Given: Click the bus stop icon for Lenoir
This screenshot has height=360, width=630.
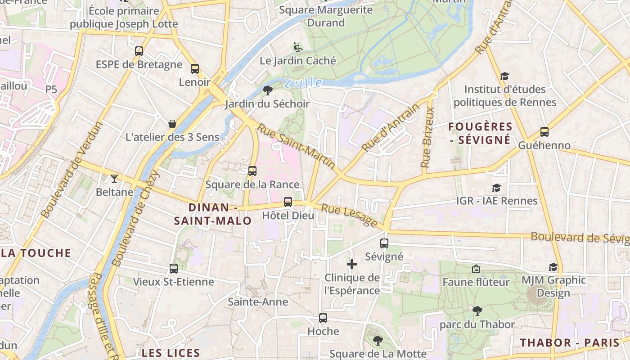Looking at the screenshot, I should point(195,69).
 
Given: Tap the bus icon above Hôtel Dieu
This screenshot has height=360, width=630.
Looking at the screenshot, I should point(288,202).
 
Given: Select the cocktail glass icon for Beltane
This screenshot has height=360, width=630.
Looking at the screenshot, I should point(114,179).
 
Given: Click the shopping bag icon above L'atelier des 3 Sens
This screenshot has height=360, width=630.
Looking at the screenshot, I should point(172,124).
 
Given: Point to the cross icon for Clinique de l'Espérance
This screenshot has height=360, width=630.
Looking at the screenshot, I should point(352,264).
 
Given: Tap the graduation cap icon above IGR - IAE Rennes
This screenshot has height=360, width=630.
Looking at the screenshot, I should point(496,188).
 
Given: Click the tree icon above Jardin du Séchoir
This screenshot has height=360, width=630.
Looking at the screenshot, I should point(268,90).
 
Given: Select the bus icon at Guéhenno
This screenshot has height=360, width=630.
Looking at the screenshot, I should point(544,132).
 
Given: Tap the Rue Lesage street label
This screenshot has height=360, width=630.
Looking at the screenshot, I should point(349,215).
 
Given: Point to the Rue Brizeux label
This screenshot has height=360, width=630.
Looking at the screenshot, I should point(427,137).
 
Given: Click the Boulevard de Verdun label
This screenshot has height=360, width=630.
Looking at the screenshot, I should point(72,170).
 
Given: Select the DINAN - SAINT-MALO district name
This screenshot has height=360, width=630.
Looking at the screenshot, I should point(213,214).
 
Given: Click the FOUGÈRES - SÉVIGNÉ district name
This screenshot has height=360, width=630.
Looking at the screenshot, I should point(480,133).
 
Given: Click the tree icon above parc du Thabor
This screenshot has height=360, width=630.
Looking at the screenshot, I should point(477,310).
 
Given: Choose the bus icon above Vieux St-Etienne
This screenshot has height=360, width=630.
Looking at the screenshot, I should point(174,269).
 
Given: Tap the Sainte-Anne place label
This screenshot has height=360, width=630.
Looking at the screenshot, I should point(258,301).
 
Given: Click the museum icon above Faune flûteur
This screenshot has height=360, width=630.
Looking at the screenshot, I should point(476,269).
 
